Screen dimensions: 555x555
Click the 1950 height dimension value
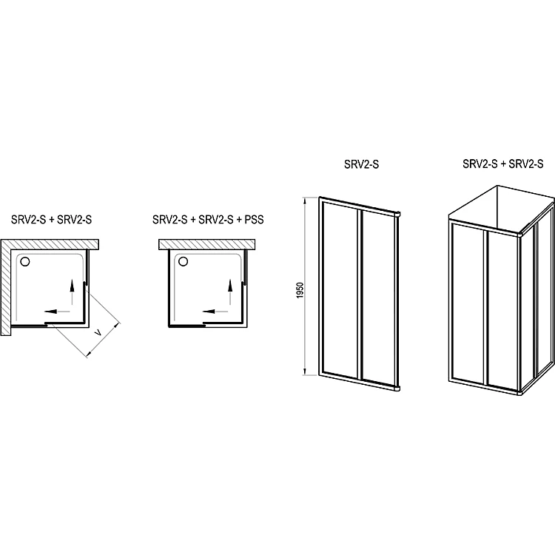pos(300,290)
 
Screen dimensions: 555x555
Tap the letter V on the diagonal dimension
pos(99,333)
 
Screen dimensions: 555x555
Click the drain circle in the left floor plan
pos(25,261)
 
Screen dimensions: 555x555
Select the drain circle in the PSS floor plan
pos(183,261)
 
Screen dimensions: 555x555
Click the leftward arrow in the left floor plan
pos(57,312)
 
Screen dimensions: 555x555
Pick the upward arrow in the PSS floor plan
pos(230,292)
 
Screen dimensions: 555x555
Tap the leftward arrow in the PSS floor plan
pos(215,312)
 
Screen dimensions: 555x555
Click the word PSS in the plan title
pos(254,220)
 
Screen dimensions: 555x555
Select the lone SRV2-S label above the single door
pos(361,164)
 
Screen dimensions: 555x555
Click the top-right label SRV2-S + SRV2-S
pos(503,164)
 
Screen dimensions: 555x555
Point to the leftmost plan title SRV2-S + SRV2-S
pos(51,220)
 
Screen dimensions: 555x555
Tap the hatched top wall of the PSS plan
pos(206,245)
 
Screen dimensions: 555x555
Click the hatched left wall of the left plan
pos(6,287)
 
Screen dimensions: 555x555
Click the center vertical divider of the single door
pos(360,295)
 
